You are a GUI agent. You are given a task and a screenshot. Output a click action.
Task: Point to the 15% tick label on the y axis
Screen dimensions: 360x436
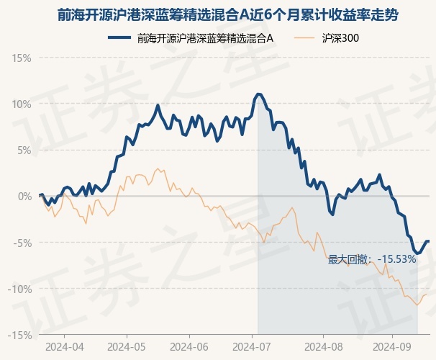[22, 58]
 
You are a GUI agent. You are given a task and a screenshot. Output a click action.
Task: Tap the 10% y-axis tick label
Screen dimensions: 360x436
[22, 104]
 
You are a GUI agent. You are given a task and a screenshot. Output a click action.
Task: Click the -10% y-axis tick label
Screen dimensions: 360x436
[20, 289]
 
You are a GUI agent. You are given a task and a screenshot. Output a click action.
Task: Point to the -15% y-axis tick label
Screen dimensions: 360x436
[20, 335]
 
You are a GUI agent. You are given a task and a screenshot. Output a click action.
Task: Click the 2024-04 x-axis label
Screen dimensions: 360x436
[63, 346]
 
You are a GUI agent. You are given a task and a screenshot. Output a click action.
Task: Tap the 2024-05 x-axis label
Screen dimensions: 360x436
[126, 346]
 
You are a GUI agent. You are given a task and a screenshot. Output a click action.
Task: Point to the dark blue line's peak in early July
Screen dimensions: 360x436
[258, 94]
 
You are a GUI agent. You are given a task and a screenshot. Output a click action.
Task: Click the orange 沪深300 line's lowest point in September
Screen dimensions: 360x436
[417, 305]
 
